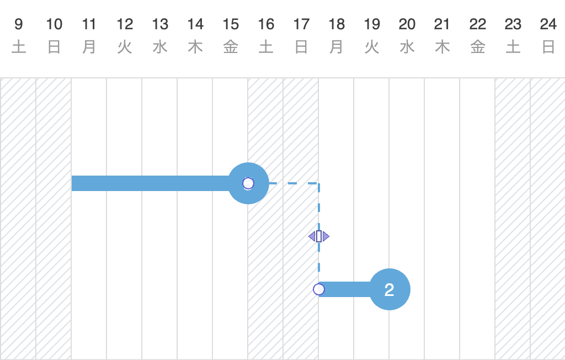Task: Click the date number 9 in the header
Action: coord(19,24)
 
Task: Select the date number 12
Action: coord(125,24)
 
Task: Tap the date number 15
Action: coord(231,24)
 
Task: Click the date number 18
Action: coord(337,24)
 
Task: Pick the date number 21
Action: coord(443,24)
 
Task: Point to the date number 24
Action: coord(548,24)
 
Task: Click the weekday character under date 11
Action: coord(89,47)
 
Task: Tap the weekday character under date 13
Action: coord(160,47)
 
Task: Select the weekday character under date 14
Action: coord(195,47)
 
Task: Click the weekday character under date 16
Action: coord(266,47)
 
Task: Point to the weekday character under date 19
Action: coord(372,47)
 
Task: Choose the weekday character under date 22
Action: coord(478,47)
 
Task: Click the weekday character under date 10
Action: coord(54,47)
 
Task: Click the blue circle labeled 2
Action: coord(390,289)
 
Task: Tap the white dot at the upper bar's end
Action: coord(248,183)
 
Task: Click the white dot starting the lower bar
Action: coord(319,289)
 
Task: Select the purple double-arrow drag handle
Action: coord(319,236)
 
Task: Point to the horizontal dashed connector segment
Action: coord(292,183)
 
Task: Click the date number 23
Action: coord(513,24)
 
